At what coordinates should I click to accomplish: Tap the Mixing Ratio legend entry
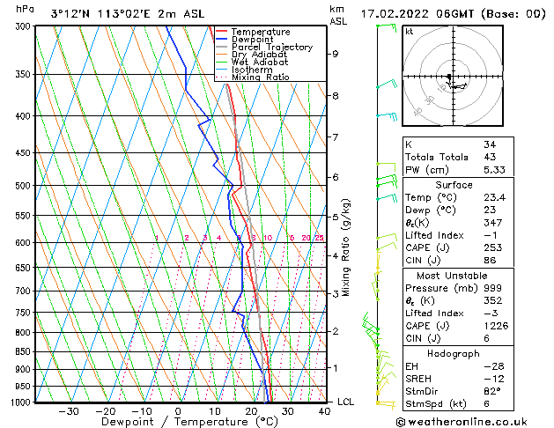[x=259, y=77]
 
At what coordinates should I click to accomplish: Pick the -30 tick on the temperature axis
[x=69, y=410]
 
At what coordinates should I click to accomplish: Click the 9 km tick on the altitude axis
[x=336, y=54]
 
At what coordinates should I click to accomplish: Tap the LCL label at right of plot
[x=347, y=402]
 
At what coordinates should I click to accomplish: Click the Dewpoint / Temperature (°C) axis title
[x=177, y=422]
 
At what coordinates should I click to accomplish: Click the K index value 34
[x=490, y=144]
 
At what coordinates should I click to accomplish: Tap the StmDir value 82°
[x=493, y=391]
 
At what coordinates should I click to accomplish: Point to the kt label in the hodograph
[x=409, y=31]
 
